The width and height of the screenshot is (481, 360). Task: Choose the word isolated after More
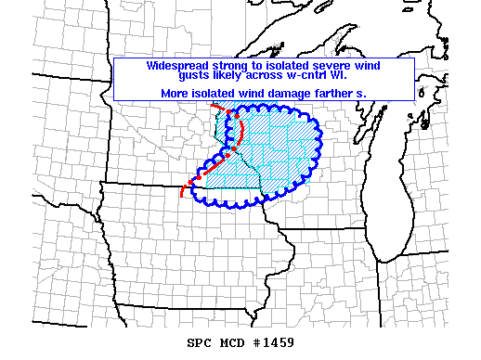tap(214, 93)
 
